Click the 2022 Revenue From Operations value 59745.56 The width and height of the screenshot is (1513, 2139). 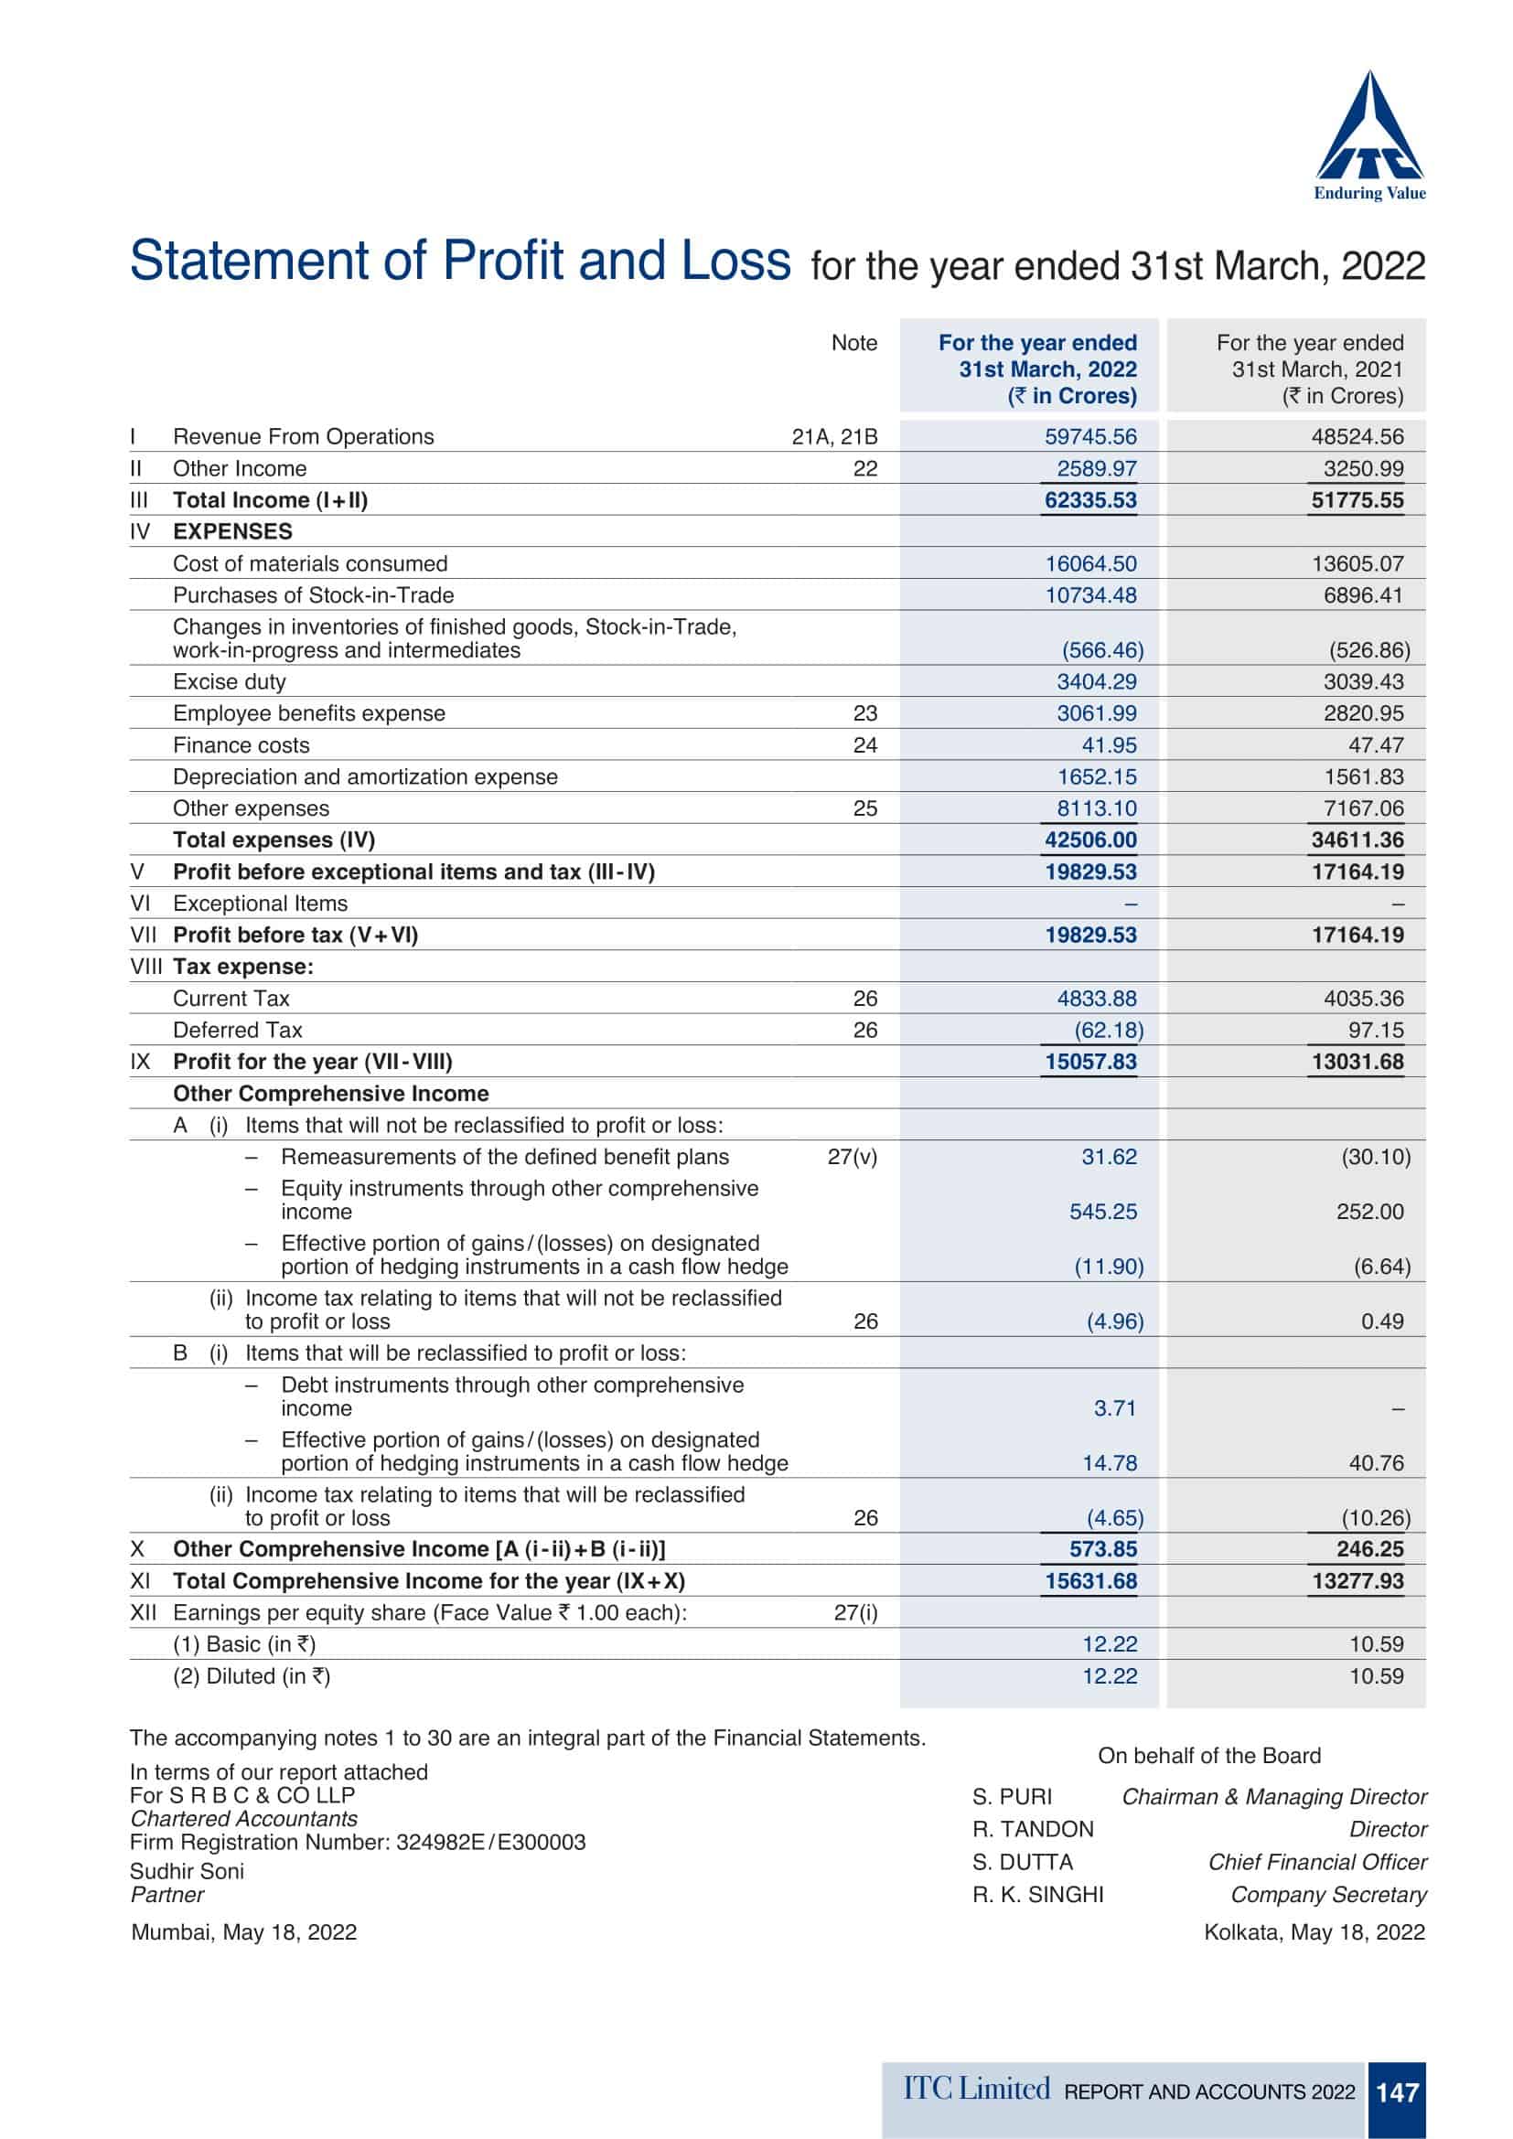click(1090, 437)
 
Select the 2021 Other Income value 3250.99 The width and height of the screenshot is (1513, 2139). click(1363, 468)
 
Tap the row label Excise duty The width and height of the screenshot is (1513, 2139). click(230, 682)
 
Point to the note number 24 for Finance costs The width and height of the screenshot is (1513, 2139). click(864, 745)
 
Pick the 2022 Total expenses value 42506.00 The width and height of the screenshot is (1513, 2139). click(1090, 840)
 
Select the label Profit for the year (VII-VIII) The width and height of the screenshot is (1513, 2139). click(312, 1062)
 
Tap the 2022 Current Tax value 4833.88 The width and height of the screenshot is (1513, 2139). click(1096, 999)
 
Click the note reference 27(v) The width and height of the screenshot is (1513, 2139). click(852, 1157)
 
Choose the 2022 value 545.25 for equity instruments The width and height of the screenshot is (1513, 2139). click(1102, 1212)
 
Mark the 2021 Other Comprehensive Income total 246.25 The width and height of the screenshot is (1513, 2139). click(1369, 1549)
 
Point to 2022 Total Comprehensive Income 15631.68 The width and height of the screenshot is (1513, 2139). click(1090, 1581)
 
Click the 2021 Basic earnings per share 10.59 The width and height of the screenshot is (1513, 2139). click(1375, 1644)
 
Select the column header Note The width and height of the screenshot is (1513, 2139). click(853, 343)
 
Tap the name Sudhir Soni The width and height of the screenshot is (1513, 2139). click(187, 1872)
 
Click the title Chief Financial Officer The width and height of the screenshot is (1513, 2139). click(1316, 1862)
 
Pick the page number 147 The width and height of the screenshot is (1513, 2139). click(1397, 2092)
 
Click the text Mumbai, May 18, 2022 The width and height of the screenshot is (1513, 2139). click(243, 1932)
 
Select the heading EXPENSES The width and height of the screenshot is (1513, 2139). click(232, 532)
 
